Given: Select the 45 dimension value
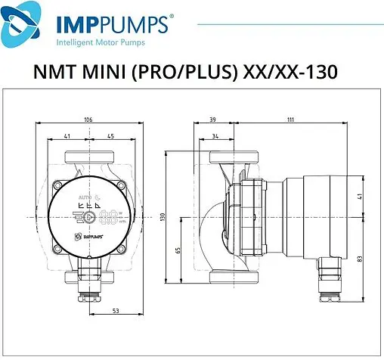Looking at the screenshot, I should [110, 138].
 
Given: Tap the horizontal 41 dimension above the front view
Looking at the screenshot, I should [68, 138].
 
